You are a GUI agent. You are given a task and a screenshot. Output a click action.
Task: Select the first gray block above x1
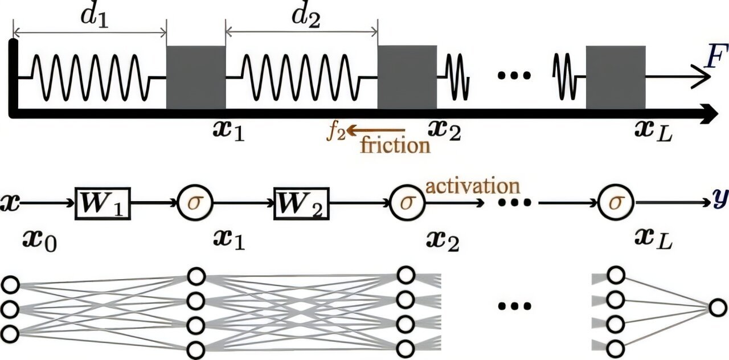195,77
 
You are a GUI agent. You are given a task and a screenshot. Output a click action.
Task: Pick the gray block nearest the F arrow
615,77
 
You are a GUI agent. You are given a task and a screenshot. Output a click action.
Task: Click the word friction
395,145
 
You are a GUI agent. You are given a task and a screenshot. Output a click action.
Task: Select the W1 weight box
103,203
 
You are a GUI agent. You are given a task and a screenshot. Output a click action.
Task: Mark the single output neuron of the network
718,309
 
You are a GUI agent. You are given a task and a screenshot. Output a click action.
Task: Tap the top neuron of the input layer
10,284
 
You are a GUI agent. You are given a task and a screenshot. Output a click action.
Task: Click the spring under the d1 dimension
91,77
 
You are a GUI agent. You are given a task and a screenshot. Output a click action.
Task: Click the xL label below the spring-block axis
654,136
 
